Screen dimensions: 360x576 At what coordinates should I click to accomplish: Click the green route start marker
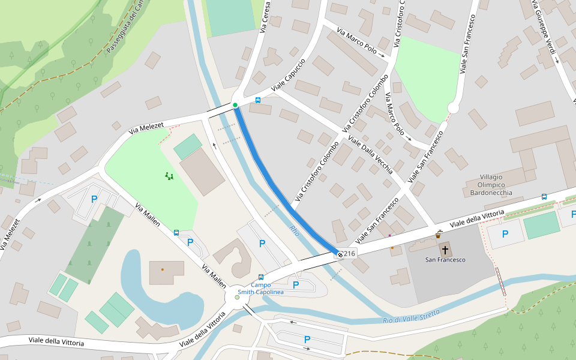click(x=235, y=105)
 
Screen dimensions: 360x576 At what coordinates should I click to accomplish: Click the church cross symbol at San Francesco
click(x=445, y=249)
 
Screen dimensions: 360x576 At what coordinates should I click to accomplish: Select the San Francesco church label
click(x=445, y=260)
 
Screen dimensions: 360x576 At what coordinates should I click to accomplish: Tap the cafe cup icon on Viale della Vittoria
click(x=439, y=235)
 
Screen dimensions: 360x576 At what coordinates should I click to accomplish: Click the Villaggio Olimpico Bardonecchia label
click(x=487, y=185)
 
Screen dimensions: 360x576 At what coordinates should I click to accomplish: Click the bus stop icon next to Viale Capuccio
click(x=258, y=100)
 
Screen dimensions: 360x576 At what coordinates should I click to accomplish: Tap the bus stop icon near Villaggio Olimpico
click(x=544, y=196)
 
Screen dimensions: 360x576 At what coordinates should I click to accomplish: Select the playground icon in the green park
click(x=169, y=176)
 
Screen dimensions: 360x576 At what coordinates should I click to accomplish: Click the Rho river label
click(x=294, y=230)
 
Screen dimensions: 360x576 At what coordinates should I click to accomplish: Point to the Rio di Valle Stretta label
click(x=411, y=316)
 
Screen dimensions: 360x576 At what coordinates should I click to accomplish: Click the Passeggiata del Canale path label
click(x=126, y=27)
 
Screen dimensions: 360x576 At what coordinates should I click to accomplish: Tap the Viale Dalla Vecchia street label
click(x=370, y=157)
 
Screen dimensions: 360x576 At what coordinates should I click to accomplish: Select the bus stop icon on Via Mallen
click(x=176, y=233)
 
